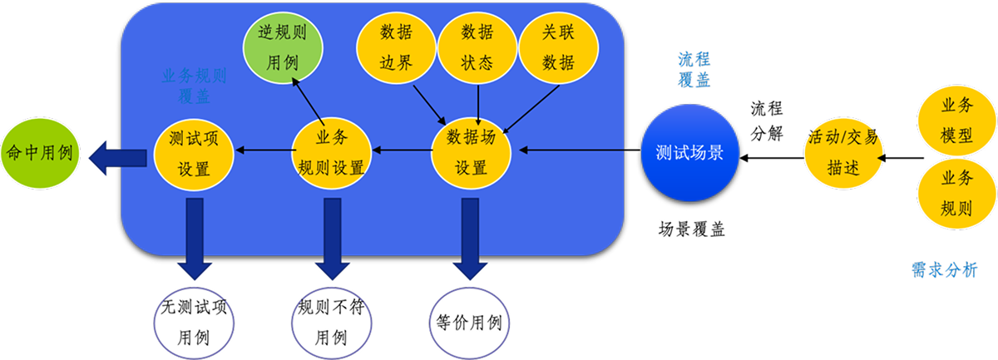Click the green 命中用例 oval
[40, 153]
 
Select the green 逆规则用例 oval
[283, 46]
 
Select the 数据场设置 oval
[472, 152]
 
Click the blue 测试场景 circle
[689, 152]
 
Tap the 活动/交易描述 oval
[842, 152]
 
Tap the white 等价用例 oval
[471, 321]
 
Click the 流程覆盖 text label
[694, 70]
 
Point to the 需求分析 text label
[944, 270]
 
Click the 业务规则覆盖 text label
[194, 85]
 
